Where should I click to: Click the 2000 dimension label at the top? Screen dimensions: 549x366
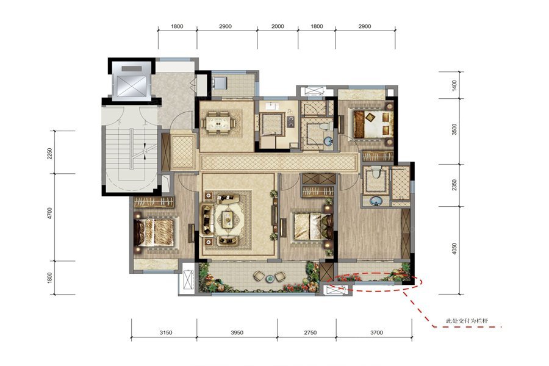278,26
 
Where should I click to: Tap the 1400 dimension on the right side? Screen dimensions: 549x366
454,85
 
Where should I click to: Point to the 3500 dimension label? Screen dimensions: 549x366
454,129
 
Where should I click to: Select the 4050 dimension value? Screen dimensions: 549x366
454,248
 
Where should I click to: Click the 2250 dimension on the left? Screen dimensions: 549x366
49,153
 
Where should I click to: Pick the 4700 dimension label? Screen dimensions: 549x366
49,213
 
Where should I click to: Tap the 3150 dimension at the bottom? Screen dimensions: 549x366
165,332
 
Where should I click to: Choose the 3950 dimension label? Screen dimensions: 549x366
237,332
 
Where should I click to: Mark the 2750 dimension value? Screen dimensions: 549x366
310,332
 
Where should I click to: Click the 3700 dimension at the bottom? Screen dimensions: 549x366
376,332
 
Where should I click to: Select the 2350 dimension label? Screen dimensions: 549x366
454,185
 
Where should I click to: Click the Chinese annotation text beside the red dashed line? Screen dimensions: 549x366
467,321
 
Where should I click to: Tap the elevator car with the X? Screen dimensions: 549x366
131,85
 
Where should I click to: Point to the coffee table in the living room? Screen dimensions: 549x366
228,219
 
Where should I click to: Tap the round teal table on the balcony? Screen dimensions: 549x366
270,279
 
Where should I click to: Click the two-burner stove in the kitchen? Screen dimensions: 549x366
290,121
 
